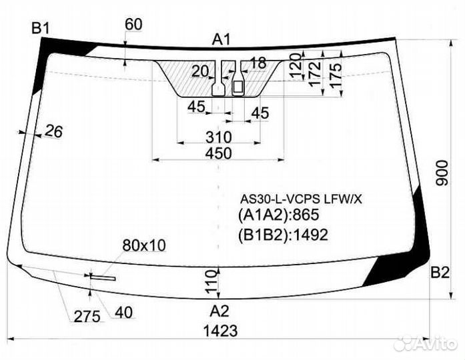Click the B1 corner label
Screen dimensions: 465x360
click(40, 29)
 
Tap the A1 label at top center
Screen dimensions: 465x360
click(221, 40)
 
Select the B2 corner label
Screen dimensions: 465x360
click(440, 273)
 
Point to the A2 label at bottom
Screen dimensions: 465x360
click(219, 311)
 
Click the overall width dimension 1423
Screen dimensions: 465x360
click(220, 331)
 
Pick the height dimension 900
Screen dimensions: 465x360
click(442, 173)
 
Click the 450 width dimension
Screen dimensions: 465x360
click(219, 153)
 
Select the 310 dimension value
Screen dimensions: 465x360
click(219, 137)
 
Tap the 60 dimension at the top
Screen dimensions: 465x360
click(133, 24)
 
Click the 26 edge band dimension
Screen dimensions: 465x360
click(54, 131)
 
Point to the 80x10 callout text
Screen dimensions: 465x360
click(144, 245)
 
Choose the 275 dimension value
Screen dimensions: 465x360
click(87, 317)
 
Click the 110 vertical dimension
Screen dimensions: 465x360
click(211, 281)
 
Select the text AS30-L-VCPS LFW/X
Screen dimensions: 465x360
click(301, 199)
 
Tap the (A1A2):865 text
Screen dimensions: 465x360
click(278, 215)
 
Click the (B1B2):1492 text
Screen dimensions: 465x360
click(284, 235)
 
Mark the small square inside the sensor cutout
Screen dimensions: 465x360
click(238, 87)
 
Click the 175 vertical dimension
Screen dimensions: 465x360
click(336, 75)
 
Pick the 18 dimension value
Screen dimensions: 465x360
click(258, 63)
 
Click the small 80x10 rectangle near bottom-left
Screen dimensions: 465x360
click(103, 277)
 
